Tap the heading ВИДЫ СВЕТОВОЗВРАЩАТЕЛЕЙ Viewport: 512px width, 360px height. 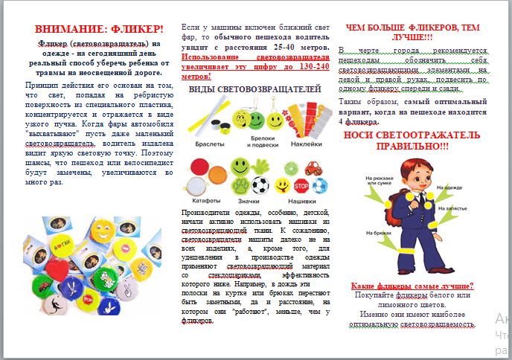(x=253, y=90)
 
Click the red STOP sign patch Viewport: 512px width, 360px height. (x=301, y=185)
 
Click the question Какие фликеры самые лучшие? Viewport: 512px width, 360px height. (x=413, y=286)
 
